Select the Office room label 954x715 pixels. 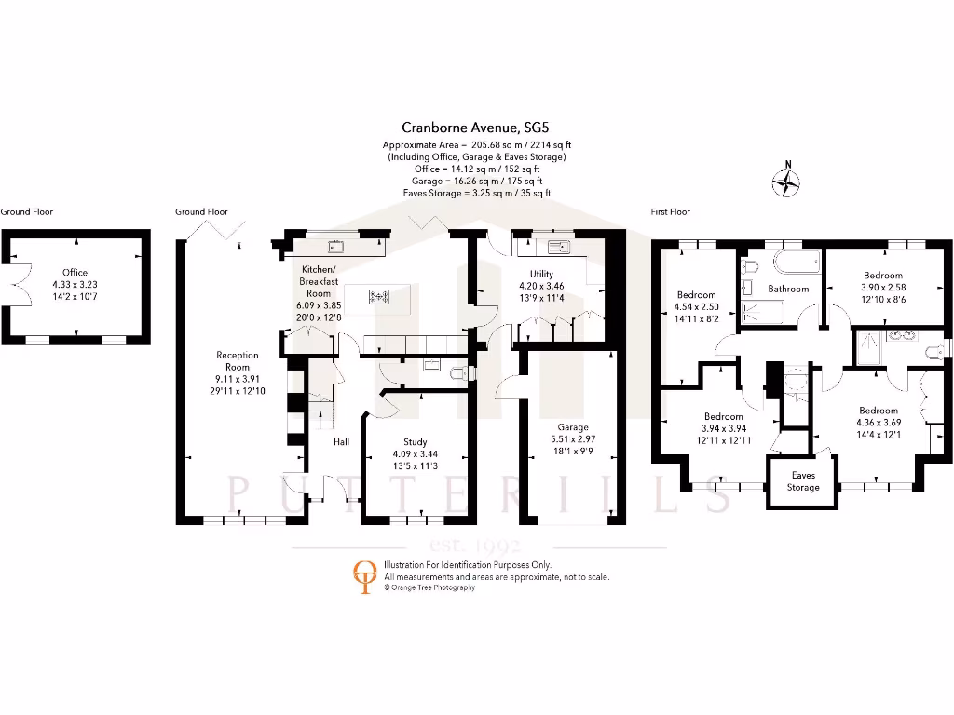tap(75, 273)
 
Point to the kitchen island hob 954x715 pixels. tap(379, 297)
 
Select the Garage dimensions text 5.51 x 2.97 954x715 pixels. tap(572, 438)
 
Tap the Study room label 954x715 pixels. tap(416, 442)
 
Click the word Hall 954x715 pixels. tap(342, 441)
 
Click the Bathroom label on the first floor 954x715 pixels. tap(788, 289)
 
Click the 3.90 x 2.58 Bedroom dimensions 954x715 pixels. tap(882, 288)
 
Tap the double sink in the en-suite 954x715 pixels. tap(901, 335)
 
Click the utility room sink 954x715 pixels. tap(560, 248)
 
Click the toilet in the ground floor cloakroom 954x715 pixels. tap(457, 374)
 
